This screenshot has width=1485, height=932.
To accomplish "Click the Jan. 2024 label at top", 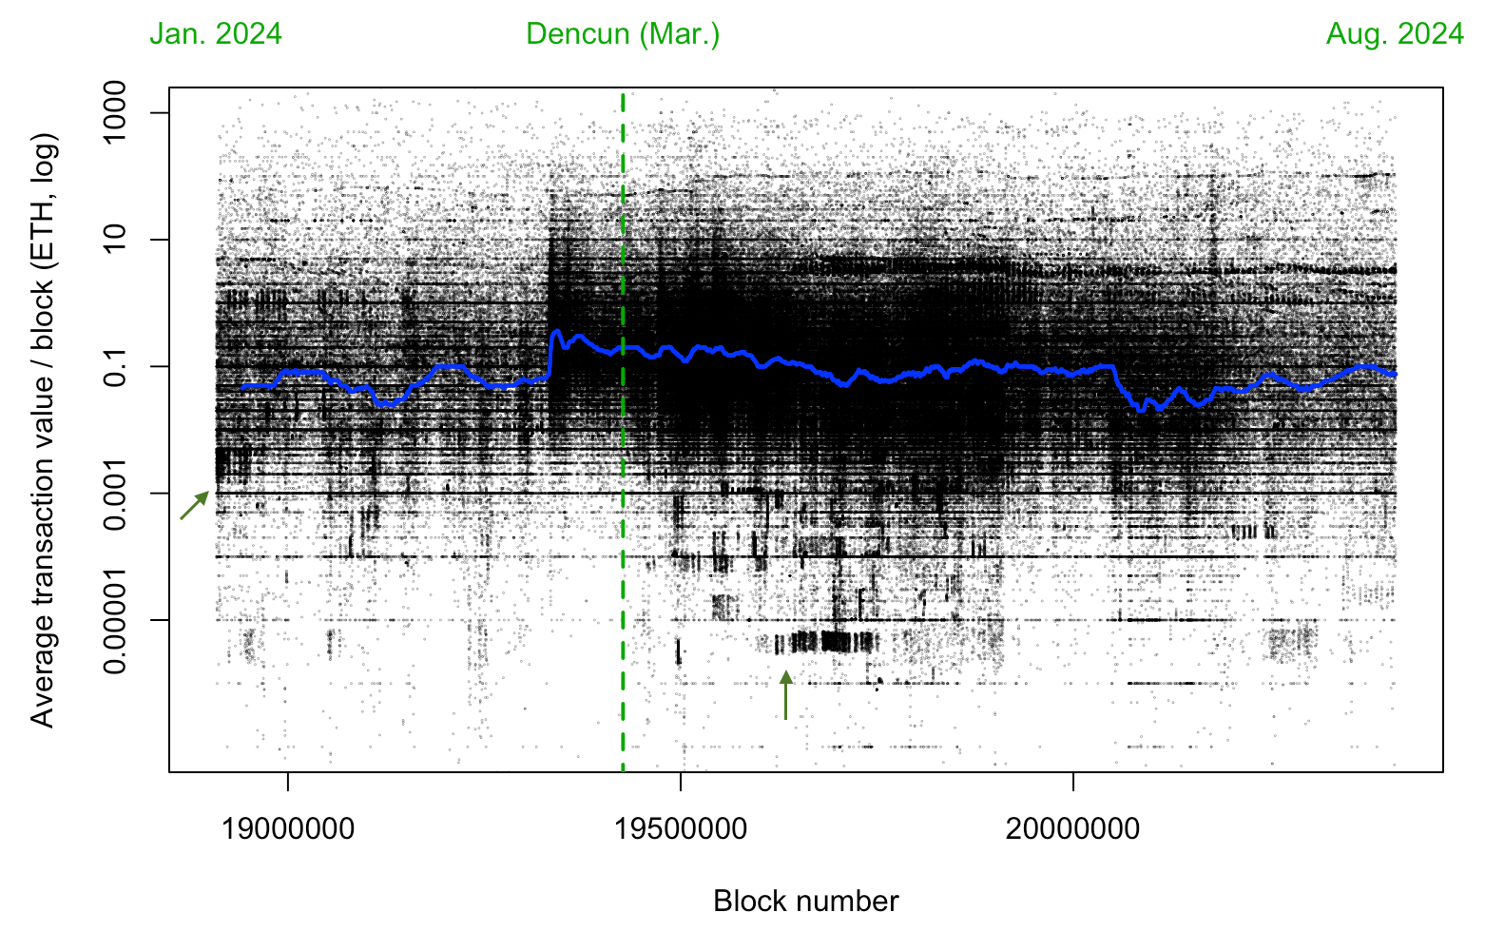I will click(x=216, y=34).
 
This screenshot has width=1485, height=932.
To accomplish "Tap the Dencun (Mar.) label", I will click(x=623, y=34).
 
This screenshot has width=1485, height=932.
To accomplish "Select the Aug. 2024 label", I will click(x=1395, y=34).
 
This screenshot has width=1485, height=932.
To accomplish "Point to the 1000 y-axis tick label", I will click(x=115, y=112).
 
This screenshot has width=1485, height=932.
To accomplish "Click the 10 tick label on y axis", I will click(x=115, y=239).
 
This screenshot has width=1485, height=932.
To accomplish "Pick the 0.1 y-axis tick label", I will click(x=115, y=366).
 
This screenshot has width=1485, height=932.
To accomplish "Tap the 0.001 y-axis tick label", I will click(x=115, y=493).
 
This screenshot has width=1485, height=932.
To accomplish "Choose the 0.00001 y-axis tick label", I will click(x=115, y=620).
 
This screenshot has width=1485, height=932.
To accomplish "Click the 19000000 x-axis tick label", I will click(x=288, y=829).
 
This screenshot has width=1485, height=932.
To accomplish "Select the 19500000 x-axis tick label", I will click(x=681, y=829).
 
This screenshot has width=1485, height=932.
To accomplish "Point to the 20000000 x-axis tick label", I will click(x=1073, y=829).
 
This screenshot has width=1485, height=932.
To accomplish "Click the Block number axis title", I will click(x=805, y=901).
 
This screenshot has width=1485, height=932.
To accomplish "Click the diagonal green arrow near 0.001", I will click(x=195, y=505).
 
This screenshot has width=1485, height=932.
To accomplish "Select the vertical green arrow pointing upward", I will click(x=785, y=694).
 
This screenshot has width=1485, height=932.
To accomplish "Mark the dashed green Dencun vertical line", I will click(x=623, y=571).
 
